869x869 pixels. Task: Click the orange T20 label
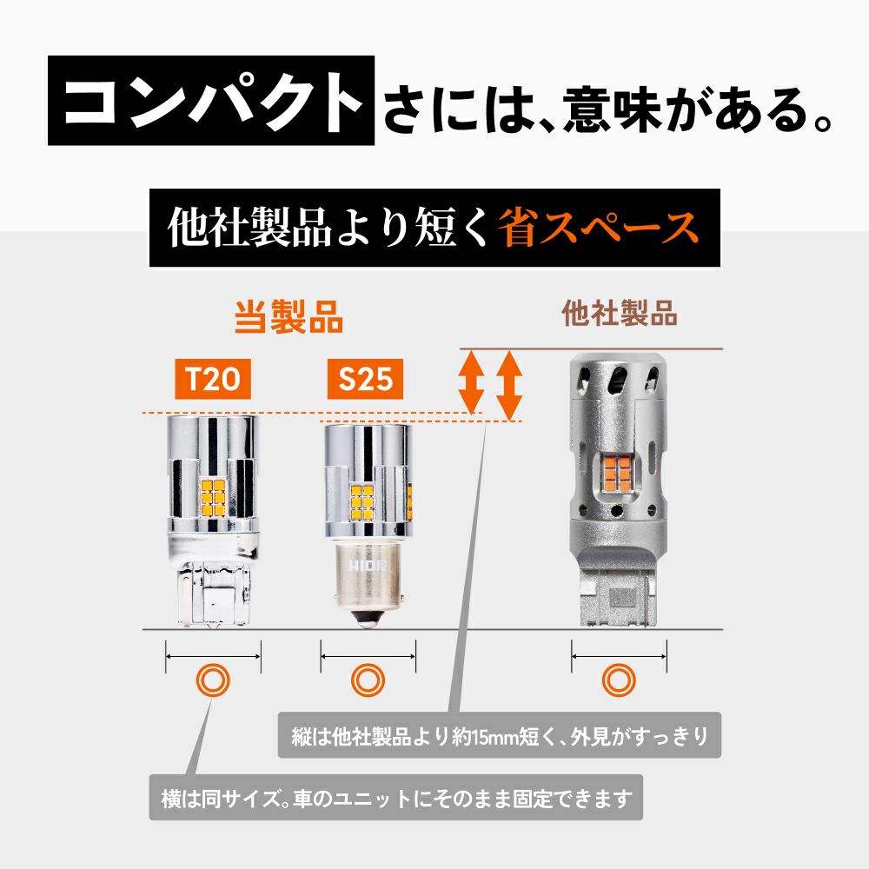[x=213, y=379]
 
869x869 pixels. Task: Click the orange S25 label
[x=365, y=379]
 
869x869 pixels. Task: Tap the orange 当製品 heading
[x=289, y=317]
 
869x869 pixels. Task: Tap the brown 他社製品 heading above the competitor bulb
[x=620, y=313]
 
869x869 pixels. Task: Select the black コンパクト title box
[x=211, y=100]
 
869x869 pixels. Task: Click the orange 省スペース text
[x=598, y=228]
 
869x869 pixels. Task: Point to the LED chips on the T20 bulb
[x=212, y=497]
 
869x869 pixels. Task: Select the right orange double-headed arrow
[x=509, y=386]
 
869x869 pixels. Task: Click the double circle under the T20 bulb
[x=213, y=680]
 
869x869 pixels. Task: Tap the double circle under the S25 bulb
[x=368, y=680]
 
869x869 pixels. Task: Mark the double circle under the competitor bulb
[x=619, y=680]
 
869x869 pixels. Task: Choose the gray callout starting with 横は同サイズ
[x=395, y=798]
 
